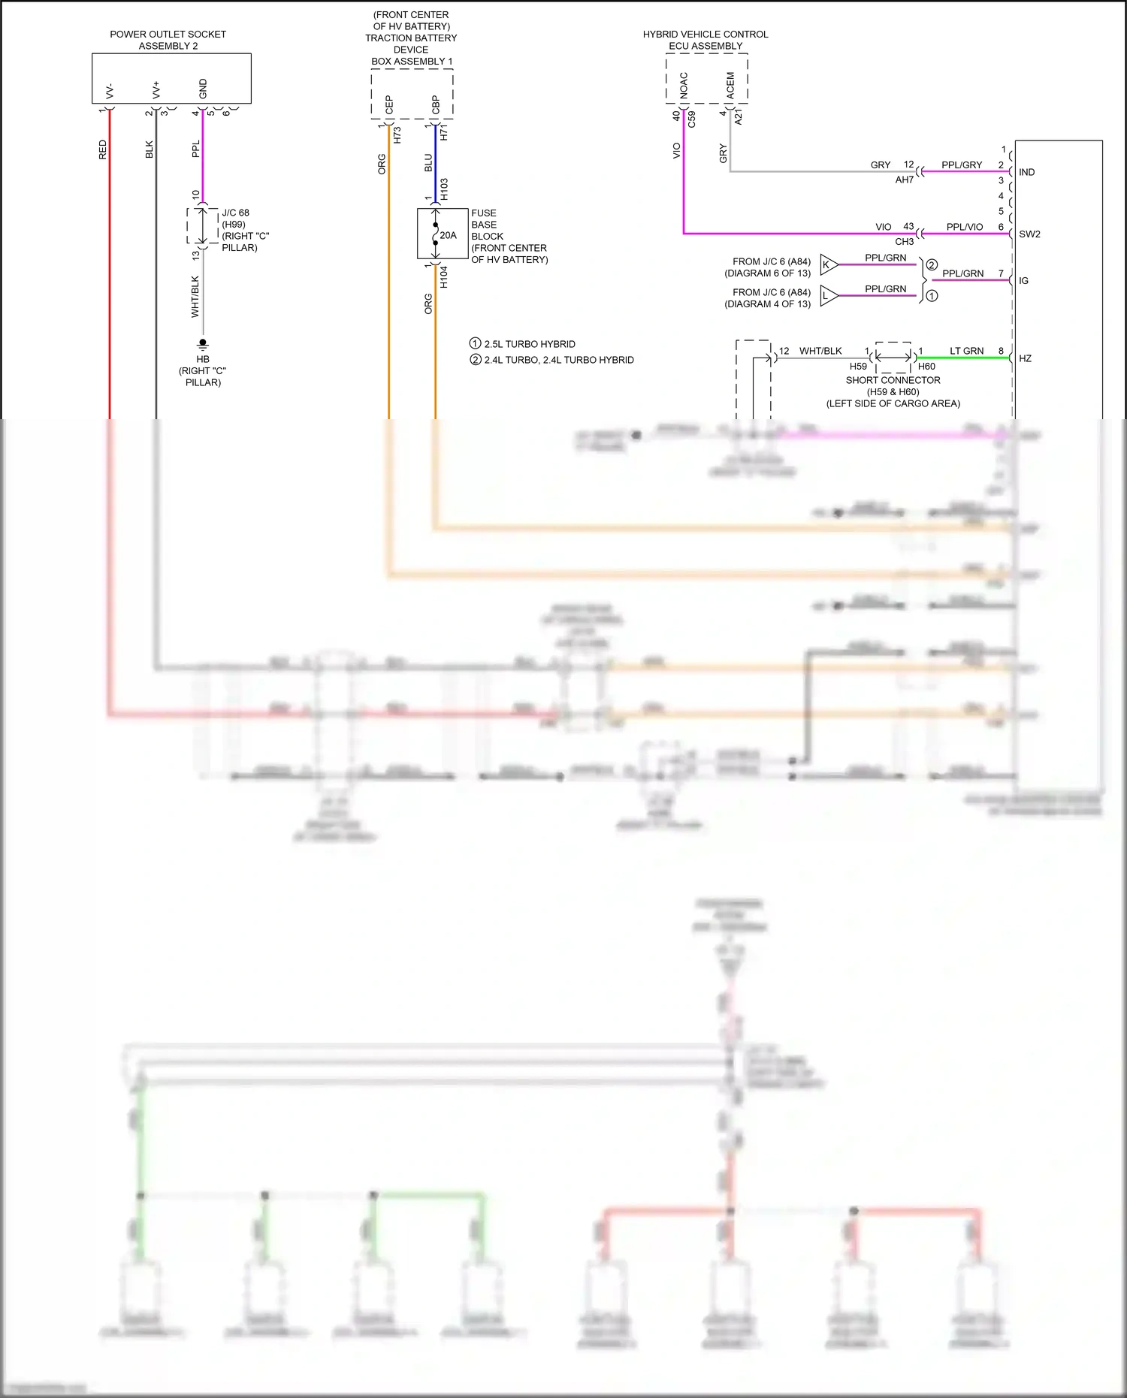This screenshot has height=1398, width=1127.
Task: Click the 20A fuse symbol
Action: [x=436, y=234]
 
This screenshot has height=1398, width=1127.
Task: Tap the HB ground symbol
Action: [x=203, y=344]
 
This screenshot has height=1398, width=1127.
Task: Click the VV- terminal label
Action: [x=110, y=91]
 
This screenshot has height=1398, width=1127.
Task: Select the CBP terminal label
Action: [x=436, y=104]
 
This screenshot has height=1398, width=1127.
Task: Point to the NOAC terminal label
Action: [x=684, y=85]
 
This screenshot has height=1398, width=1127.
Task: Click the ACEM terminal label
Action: [x=730, y=85]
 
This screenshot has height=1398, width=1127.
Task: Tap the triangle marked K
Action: [x=828, y=264]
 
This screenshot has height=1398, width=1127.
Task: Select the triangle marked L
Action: [x=828, y=296]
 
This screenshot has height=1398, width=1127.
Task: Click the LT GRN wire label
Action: [x=966, y=351]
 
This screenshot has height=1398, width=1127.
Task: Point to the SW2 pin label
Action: [x=1029, y=234]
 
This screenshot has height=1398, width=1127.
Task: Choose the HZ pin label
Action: [x=1025, y=358]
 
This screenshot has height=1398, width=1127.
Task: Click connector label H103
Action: [x=444, y=189]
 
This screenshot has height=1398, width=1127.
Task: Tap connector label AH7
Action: [x=904, y=180]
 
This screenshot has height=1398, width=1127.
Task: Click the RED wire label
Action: [x=103, y=149]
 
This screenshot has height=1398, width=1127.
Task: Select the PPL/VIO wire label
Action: [x=964, y=227]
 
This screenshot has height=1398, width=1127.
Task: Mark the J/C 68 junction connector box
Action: [x=202, y=226]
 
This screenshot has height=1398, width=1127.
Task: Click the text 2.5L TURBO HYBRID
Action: [x=529, y=344]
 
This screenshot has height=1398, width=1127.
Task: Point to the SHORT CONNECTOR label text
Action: [x=893, y=380]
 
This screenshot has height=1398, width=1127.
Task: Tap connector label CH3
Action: [x=904, y=242]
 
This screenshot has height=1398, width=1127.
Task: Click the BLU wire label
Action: [x=428, y=162]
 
